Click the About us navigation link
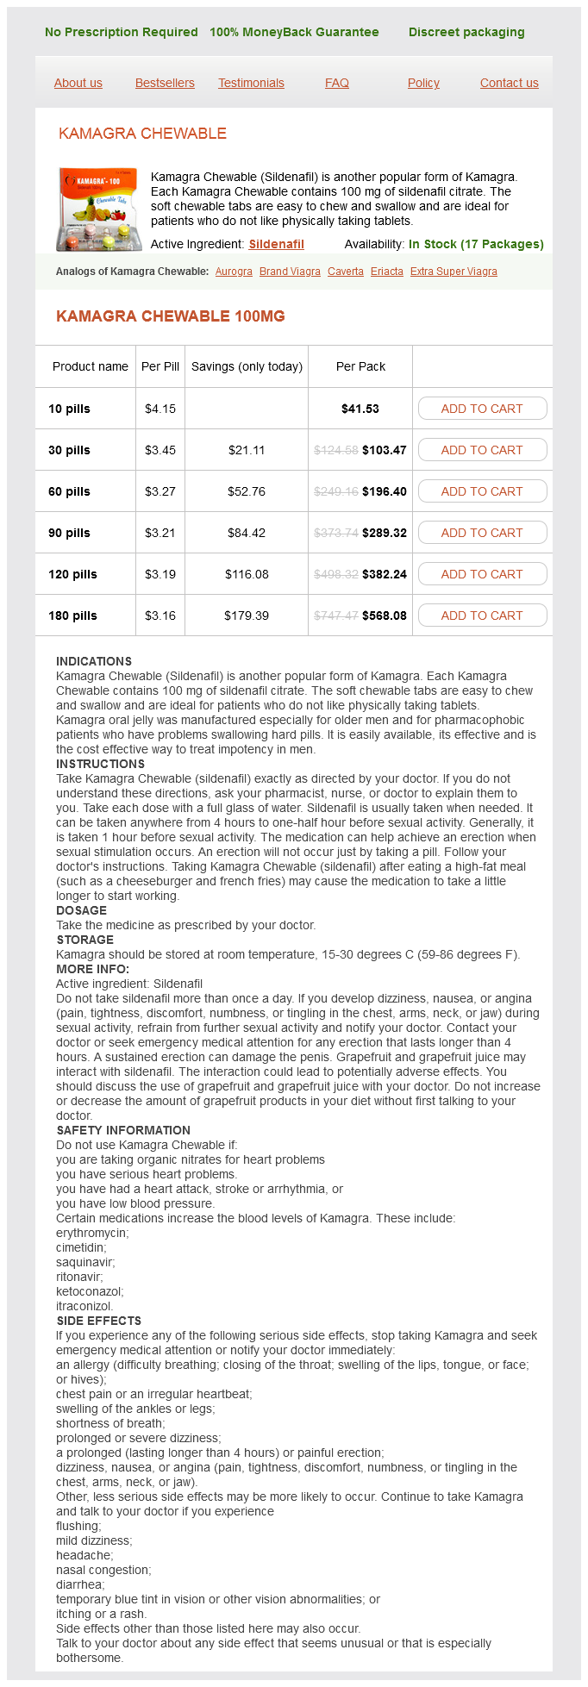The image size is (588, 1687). [78, 83]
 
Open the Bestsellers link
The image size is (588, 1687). [165, 83]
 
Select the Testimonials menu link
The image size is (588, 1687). [251, 83]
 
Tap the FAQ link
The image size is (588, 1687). [337, 83]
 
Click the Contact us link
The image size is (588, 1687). [509, 83]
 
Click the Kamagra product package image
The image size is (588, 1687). [99, 209]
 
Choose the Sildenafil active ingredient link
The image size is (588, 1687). [276, 244]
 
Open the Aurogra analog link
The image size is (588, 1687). [234, 272]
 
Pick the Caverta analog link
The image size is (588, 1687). [346, 272]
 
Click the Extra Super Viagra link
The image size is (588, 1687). [454, 272]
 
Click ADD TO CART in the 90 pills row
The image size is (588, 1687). [482, 533]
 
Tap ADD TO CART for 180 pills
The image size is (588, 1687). [482, 615]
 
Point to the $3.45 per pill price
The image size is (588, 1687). [160, 450]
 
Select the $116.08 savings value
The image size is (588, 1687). [247, 574]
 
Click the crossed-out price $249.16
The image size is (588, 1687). [336, 491]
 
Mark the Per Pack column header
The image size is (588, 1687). [360, 366]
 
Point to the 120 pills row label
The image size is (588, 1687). [72, 574]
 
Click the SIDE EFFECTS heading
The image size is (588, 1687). [99, 1321]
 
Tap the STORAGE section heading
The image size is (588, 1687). [85, 940]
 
